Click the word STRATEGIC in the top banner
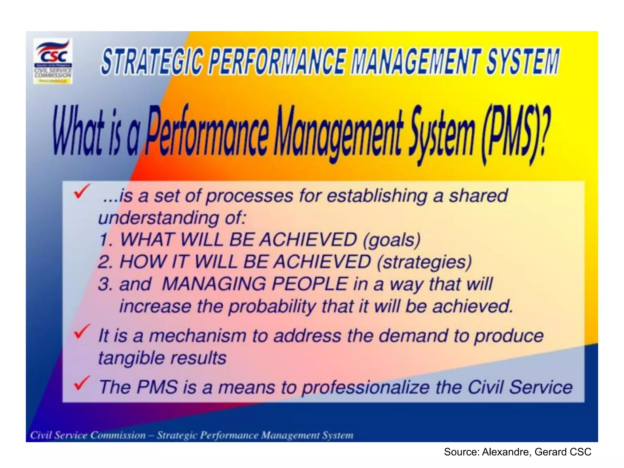coord(151,62)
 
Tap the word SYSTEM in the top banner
coord(522,62)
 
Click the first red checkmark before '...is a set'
coord(82,192)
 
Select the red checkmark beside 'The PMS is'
coord(82,383)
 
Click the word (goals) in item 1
coord(392,240)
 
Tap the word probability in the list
coord(272,307)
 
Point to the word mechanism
coord(197,336)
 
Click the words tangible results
coord(162,358)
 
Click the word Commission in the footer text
coord(118,435)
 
